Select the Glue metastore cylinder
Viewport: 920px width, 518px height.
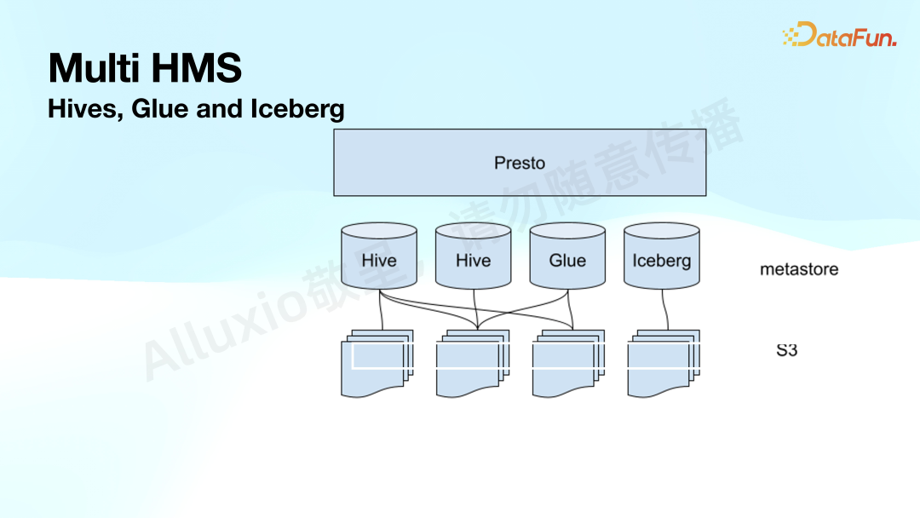(x=567, y=256)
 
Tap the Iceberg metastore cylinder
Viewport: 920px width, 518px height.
(x=662, y=256)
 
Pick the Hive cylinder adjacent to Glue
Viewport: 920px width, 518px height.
(x=473, y=256)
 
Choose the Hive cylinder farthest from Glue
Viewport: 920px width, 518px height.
(x=378, y=256)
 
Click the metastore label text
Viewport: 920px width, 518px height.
(x=799, y=269)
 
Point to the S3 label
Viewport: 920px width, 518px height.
(x=786, y=349)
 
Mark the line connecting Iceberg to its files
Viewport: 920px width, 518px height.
(x=662, y=308)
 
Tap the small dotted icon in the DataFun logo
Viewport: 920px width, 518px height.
(x=792, y=36)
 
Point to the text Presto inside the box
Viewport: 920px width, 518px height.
(x=520, y=163)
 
